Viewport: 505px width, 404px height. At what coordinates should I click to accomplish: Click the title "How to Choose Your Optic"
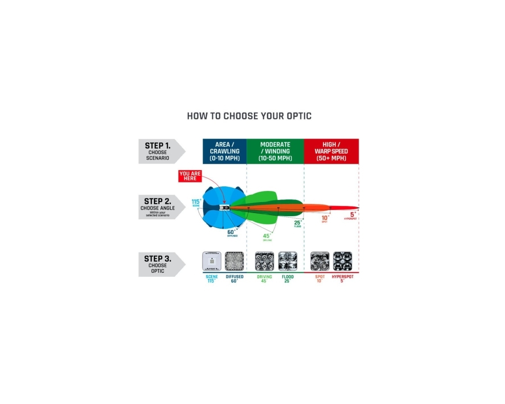coord(249,116)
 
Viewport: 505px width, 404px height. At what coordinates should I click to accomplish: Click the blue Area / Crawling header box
coord(224,151)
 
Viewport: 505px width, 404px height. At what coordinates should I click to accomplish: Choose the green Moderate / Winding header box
coord(275,151)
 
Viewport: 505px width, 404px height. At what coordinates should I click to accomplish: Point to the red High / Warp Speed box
coord(331,151)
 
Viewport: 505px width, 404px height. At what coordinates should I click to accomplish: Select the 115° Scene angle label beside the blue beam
coord(196,203)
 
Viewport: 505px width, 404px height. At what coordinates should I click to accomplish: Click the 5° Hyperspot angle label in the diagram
coord(352,215)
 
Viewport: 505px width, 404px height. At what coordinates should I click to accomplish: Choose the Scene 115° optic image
coord(211,261)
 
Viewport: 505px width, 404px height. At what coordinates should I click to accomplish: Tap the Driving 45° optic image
coord(264,261)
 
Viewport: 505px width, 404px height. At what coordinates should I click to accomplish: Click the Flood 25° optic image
coord(288,261)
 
